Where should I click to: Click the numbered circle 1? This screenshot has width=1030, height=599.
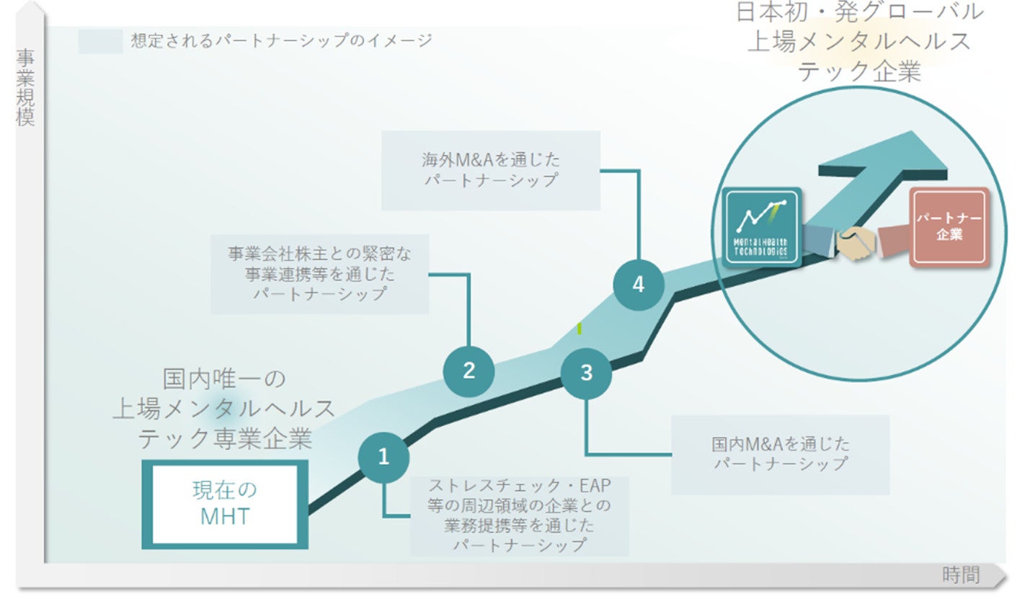tap(383, 457)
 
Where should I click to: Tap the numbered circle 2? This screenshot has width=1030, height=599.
tap(469, 371)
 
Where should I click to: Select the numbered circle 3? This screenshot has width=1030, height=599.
tap(586, 373)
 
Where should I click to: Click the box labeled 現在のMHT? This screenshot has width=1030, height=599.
tap(224, 503)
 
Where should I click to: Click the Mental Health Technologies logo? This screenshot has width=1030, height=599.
tap(763, 227)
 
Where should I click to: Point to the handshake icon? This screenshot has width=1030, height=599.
tap(856, 243)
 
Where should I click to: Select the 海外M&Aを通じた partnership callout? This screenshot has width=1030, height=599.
tap(490, 170)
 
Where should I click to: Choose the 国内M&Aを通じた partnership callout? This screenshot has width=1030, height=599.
tap(780, 454)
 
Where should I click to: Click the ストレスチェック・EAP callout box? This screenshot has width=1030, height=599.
tap(519, 515)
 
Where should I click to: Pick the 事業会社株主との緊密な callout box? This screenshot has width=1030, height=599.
tap(319, 273)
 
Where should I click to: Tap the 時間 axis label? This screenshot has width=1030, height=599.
tap(961, 574)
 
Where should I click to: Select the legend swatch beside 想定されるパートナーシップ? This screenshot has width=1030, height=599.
tap(100, 41)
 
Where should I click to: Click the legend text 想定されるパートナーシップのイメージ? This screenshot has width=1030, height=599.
tap(281, 40)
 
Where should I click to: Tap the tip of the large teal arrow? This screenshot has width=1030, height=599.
tap(937, 144)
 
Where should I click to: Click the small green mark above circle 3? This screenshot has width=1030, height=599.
tap(580, 328)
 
